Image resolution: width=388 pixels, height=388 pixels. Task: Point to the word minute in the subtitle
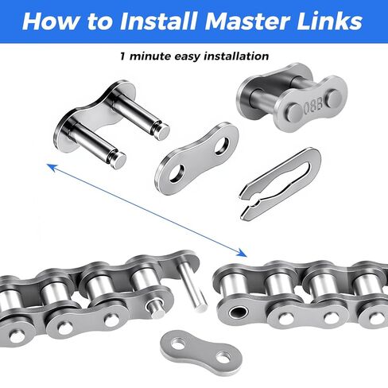[152, 56]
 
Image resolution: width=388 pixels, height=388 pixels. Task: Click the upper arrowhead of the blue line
[49, 165]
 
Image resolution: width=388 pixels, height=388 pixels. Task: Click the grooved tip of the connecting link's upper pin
[161, 125]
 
